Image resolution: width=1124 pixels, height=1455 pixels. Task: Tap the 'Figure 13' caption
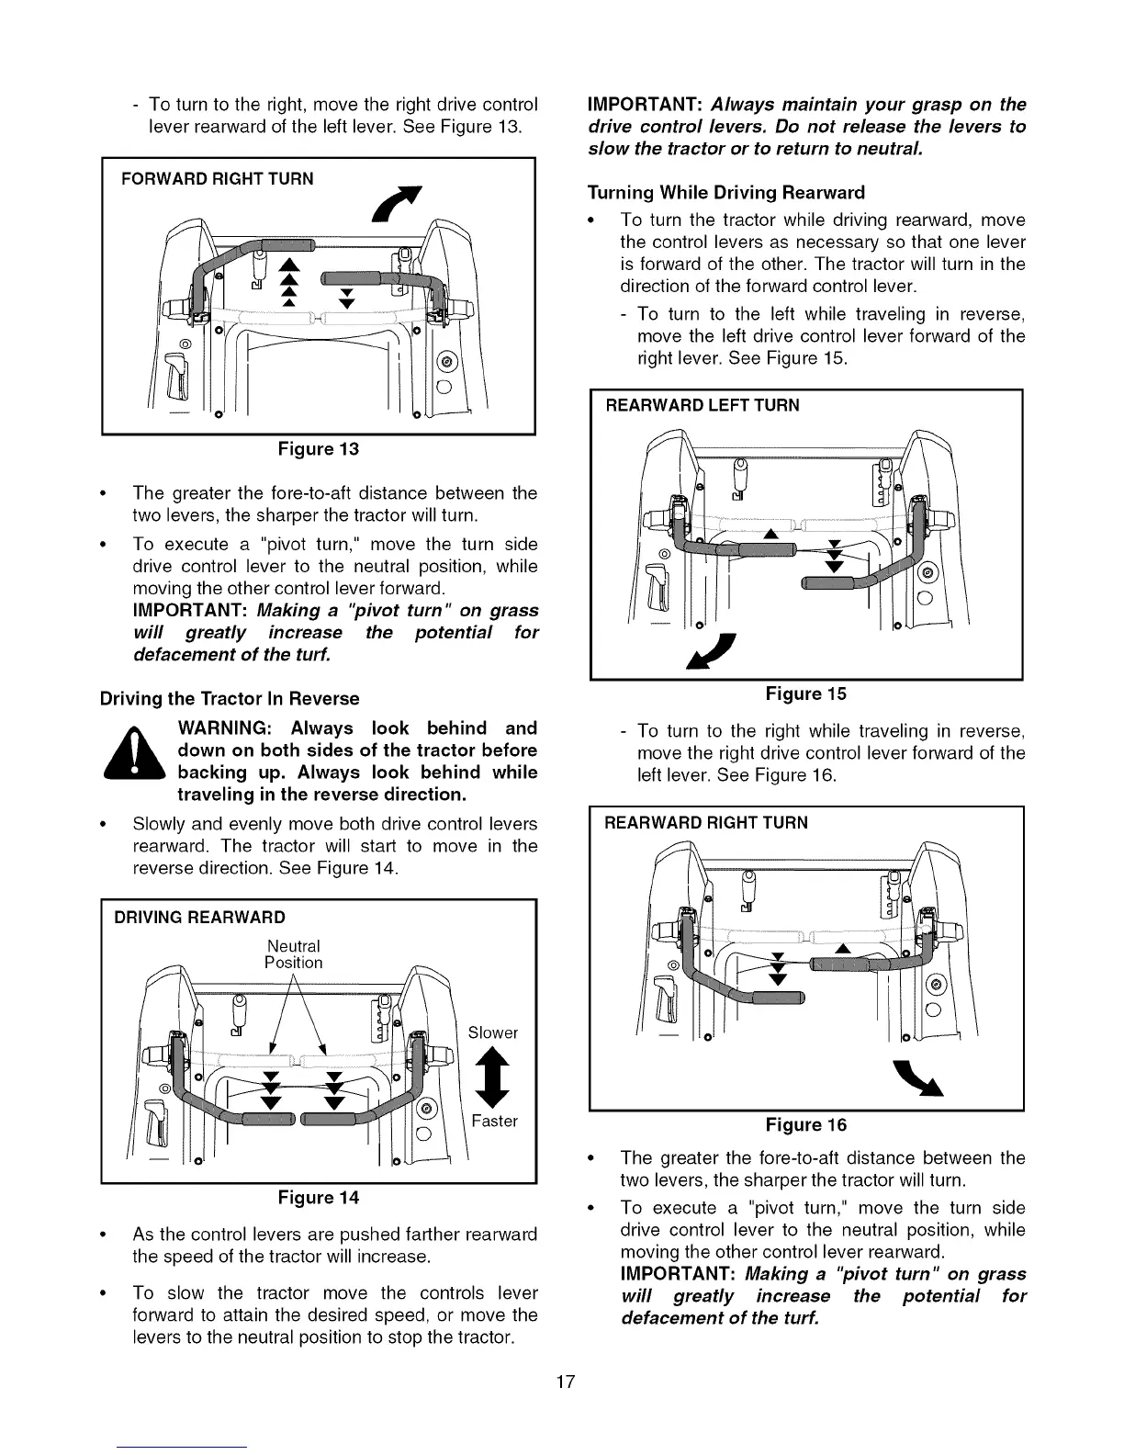(x=319, y=449)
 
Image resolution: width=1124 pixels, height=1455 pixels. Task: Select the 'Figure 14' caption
(x=319, y=1197)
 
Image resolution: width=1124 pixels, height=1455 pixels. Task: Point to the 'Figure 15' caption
(x=806, y=694)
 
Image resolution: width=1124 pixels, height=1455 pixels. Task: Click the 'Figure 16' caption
(x=806, y=1124)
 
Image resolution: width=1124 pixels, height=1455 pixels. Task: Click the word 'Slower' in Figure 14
(x=493, y=1032)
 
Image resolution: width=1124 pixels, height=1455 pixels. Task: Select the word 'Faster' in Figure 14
(x=494, y=1121)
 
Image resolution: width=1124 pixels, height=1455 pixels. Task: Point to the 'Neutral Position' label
(x=294, y=954)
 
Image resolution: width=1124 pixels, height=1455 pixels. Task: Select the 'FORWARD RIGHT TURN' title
(x=218, y=178)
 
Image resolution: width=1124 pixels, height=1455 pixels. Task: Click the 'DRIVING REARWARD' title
(x=199, y=917)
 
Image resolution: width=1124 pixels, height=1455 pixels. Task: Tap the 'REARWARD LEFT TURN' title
(x=702, y=405)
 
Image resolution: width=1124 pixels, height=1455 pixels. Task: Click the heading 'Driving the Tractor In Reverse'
(x=230, y=698)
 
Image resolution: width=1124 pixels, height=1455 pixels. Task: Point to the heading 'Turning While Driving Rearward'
(x=725, y=192)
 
